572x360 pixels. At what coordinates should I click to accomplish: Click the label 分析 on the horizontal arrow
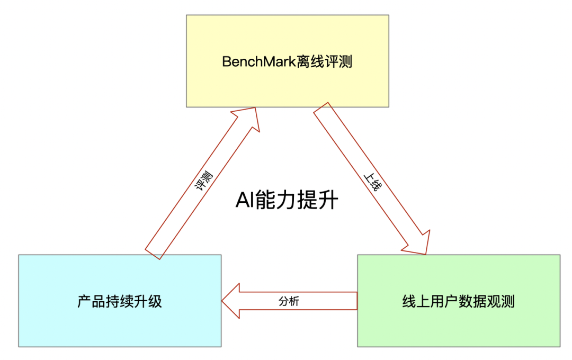tap(289, 301)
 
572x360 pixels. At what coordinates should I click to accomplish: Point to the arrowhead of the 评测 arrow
tap(245, 119)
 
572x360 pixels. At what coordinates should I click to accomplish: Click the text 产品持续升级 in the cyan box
tap(120, 302)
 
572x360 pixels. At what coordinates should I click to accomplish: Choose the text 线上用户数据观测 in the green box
tap(459, 302)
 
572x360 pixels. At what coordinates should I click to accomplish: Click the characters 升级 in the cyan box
tap(148, 302)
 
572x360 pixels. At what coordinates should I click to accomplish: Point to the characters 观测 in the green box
tap(501, 302)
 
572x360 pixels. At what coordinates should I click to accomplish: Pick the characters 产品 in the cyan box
tap(91, 302)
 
